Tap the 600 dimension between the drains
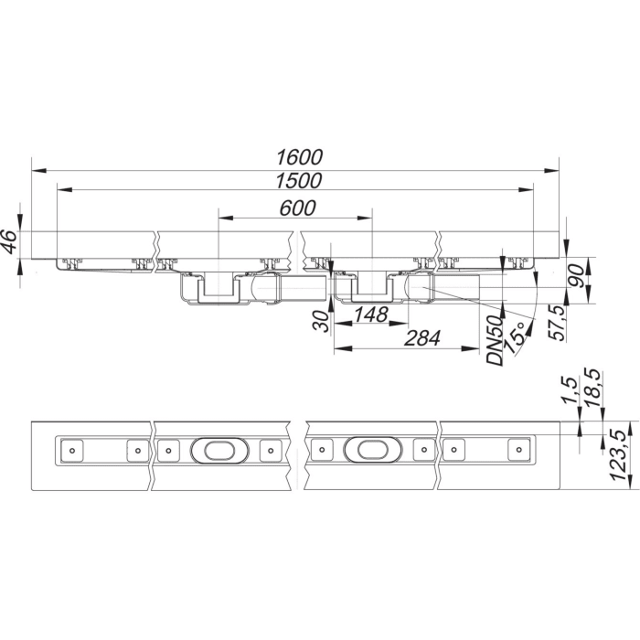[x=296, y=208]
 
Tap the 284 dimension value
[x=421, y=338]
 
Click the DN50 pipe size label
[x=496, y=340]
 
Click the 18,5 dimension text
[x=592, y=389]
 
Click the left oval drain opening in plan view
[x=215, y=449]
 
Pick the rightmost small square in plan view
[x=517, y=449]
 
